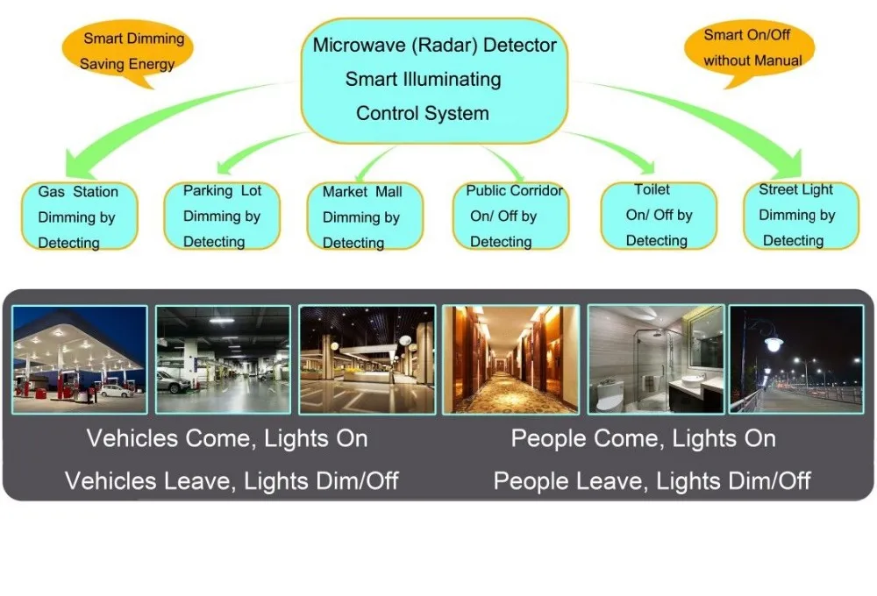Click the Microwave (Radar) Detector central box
pyautogui.click(x=434, y=79)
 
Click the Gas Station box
pyautogui.click(x=80, y=216)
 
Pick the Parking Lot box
pyautogui.click(x=222, y=216)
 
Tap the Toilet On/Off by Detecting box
pyautogui.click(x=659, y=215)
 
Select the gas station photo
pyautogui.click(x=80, y=359)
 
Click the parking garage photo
pyautogui.click(x=223, y=359)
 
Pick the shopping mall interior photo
pyautogui.click(x=367, y=359)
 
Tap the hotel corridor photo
pyautogui.click(x=510, y=359)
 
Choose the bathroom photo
pyautogui.click(x=656, y=359)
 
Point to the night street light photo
pyautogui.click(x=796, y=359)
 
